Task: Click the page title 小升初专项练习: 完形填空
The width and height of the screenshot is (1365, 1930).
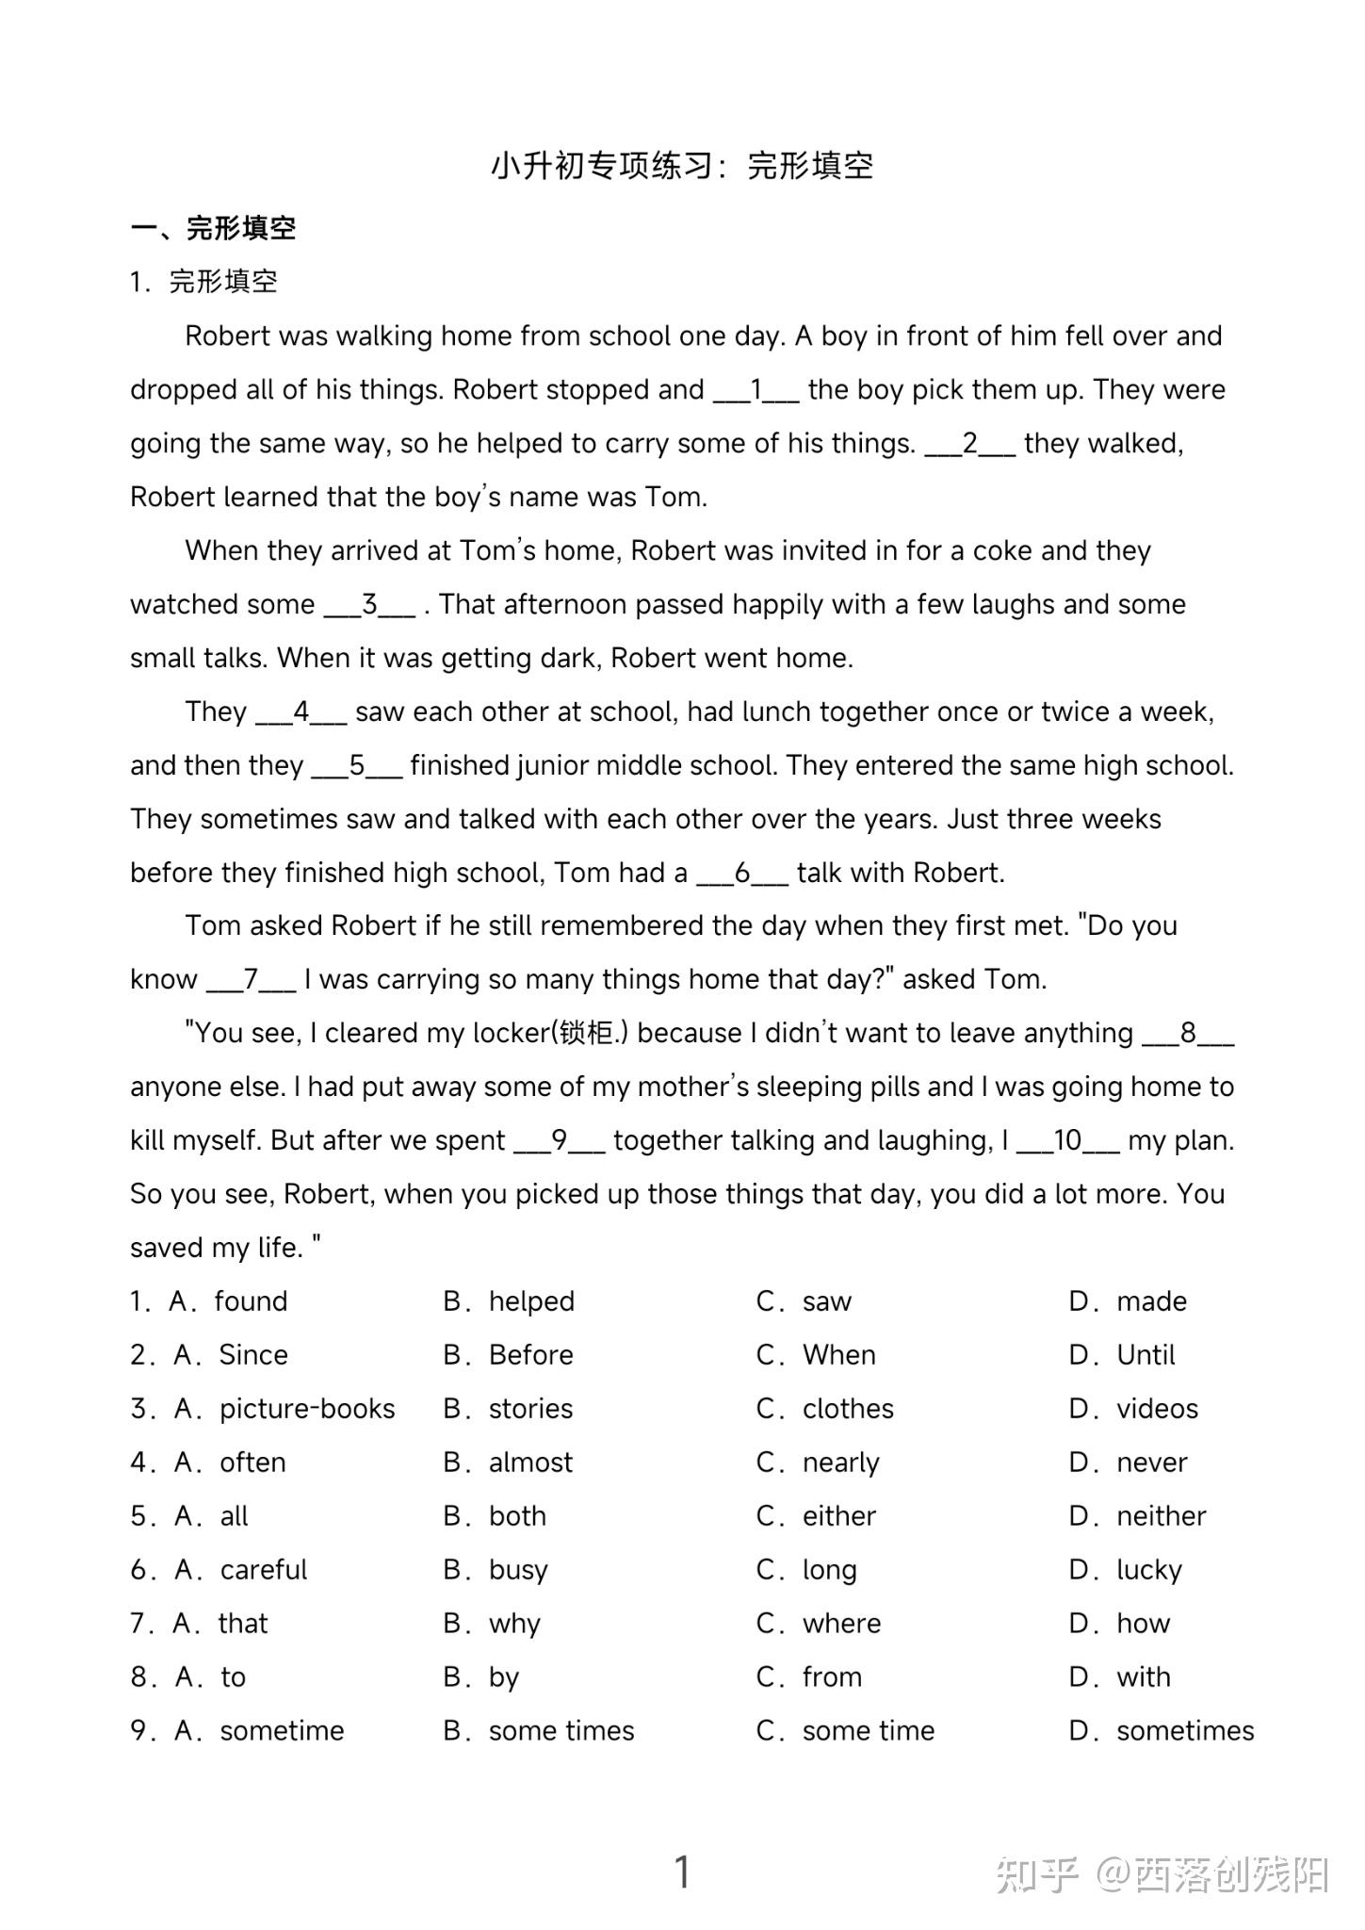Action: (682, 166)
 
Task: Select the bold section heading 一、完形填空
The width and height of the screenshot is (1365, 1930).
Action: (214, 228)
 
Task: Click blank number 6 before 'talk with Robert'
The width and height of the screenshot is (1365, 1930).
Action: (742, 874)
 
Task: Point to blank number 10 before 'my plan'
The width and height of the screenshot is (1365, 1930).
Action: (1068, 1141)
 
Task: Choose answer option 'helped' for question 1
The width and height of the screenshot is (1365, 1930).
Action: (530, 1301)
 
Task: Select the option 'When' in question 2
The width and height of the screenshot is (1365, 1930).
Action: (838, 1355)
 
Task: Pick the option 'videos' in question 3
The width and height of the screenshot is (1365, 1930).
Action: (1157, 1409)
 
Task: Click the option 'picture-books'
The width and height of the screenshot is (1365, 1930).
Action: (307, 1409)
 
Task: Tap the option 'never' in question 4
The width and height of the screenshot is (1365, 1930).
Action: (1151, 1463)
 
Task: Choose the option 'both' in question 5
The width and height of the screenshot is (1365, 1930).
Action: (517, 1516)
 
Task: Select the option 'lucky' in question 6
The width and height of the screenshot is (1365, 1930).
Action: (1148, 1570)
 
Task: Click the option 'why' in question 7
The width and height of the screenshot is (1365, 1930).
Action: (514, 1624)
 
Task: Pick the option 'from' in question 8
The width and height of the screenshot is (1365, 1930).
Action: (832, 1677)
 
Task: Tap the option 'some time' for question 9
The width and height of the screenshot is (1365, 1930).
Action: (868, 1731)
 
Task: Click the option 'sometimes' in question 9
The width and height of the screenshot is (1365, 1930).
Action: (1184, 1731)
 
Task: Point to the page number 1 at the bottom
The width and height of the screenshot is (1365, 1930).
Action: (683, 1872)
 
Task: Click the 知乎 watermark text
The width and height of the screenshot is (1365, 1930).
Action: (1037, 1874)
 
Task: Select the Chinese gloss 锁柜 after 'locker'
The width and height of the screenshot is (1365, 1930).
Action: (585, 1034)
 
